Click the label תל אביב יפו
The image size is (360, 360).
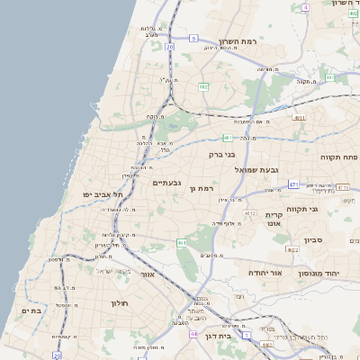[x=116, y=193]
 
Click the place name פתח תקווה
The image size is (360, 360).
[x=338, y=157]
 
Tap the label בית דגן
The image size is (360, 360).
[x=238, y=336]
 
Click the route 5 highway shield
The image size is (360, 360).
[x=193, y=38]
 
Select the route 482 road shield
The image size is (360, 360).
[x=204, y=86]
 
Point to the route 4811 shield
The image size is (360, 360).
[x=300, y=117]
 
